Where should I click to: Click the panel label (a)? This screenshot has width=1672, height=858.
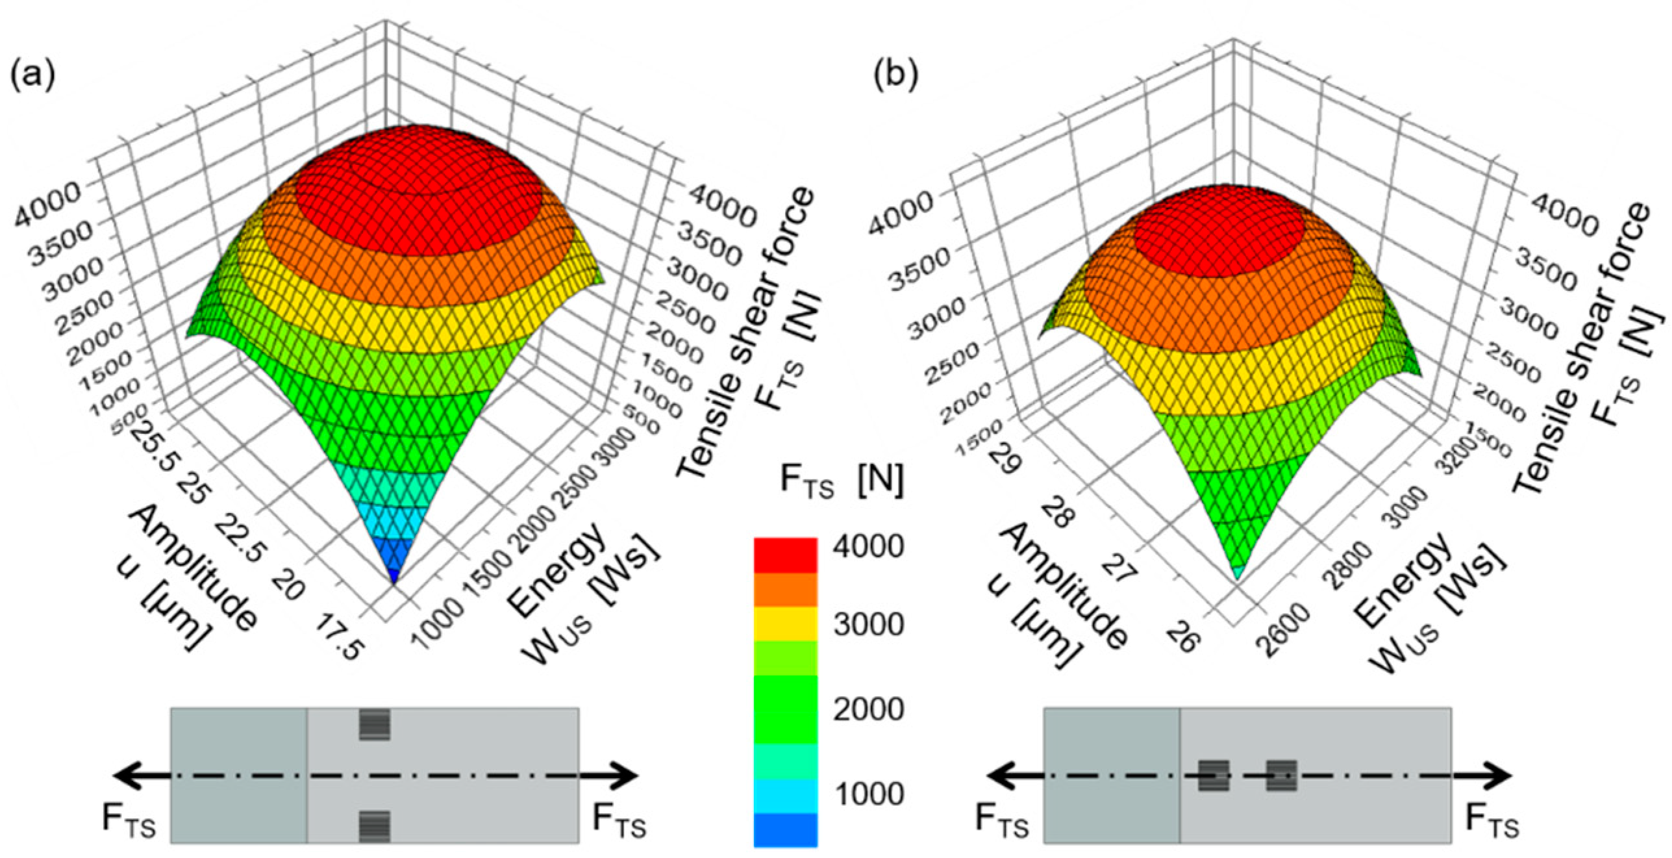pyautogui.click(x=32, y=76)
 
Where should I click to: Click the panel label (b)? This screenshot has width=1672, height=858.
pyautogui.click(x=895, y=76)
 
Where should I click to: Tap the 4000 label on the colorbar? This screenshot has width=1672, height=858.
pyautogui.click(x=869, y=546)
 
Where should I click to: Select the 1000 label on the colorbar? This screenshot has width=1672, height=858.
pyautogui.click(x=869, y=794)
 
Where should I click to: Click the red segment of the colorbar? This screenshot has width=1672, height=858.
pyautogui.click(x=785, y=555)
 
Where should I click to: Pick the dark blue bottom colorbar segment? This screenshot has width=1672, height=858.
pyautogui.click(x=785, y=829)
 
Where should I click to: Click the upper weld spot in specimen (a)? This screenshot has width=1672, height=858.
pyautogui.click(x=375, y=725)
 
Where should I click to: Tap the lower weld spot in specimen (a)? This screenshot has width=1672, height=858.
pyautogui.click(x=375, y=826)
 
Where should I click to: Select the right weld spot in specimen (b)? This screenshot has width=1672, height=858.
pyautogui.click(x=1281, y=776)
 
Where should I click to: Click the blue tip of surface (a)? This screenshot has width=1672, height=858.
pyautogui.click(x=394, y=575)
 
